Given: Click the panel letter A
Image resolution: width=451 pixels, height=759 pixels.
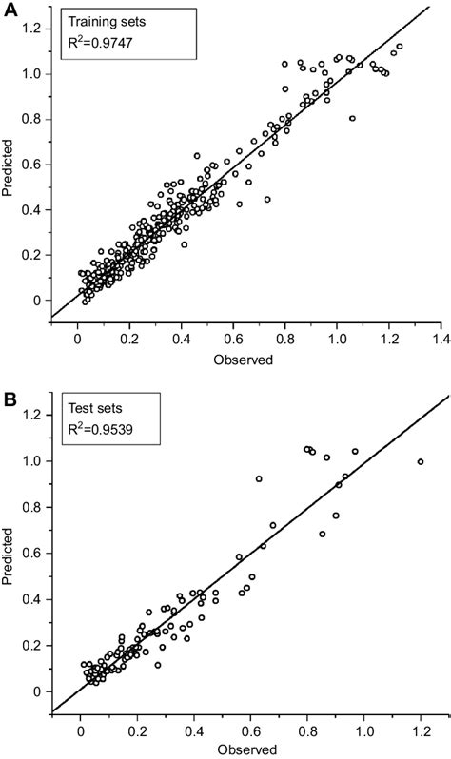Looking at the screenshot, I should point(10,11).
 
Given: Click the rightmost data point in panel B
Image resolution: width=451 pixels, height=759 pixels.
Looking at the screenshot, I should point(420,462).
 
